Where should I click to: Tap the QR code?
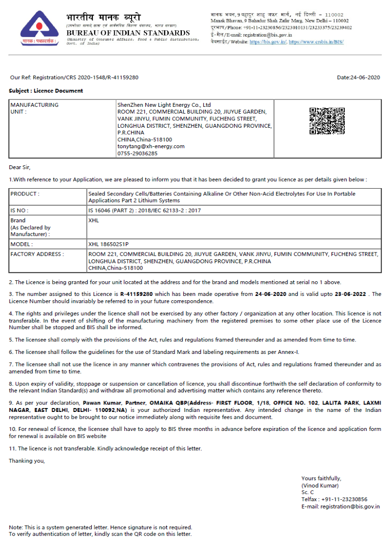[x=327, y=121]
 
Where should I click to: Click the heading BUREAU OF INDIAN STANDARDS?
[x=128, y=33]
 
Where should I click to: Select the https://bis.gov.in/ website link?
[x=268, y=42]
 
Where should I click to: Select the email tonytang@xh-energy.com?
[x=151, y=146]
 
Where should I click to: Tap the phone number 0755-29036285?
[x=137, y=153]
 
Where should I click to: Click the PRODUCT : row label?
[x=25, y=194]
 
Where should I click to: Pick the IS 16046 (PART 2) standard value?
[x=144, y=211]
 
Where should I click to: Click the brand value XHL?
[x=94, y=220]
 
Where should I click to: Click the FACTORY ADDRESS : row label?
[x=37, y=254]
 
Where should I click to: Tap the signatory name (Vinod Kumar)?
[x=320, y=486]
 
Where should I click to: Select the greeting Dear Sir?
[x=19, y=167]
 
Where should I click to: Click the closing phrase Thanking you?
[x=27, y=461]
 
